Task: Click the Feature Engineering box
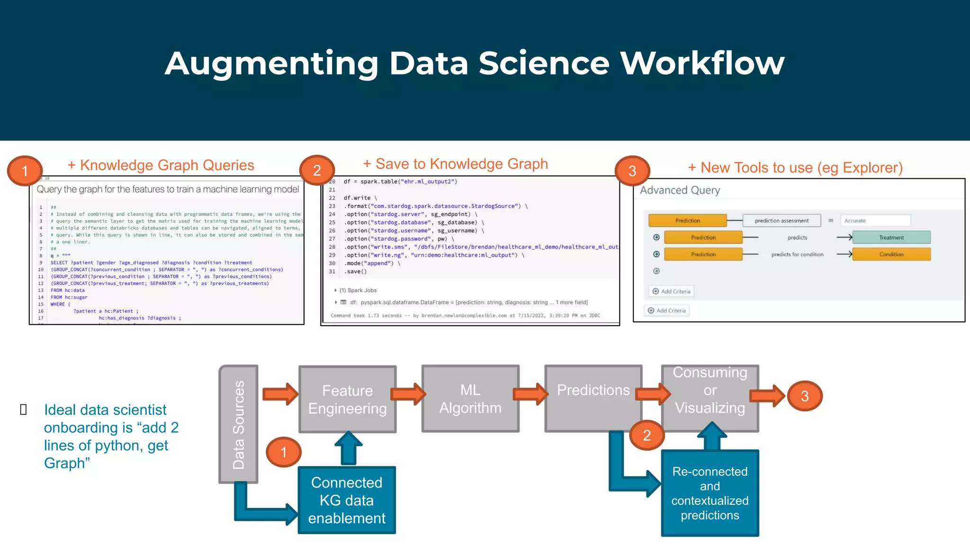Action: pyautogui.click(x=347, y=399)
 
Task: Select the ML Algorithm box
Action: pyautogui.click(x=470, y=399)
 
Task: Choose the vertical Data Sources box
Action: pyautogui.click(x=238, y=424)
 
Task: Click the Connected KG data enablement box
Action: pyautogui.click(x=347, y=500)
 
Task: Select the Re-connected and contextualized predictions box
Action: pyautogui.click(x=710, y=493)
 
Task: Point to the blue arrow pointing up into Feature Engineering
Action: pyautogui.click(x=349, y=448)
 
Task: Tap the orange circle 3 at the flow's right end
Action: pyautogui.click(x=804, y=396)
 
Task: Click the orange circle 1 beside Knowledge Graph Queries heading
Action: pyautogui.click(x=25, y=171)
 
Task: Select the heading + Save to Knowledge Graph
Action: pyautogui.click(x=455, y=164)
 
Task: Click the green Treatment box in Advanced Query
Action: pyautogui.click(x=891, y=237)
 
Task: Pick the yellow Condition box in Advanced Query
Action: pyautogui.click(x=891, y=255)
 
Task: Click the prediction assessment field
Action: pyautogui.click(x=781, y=221)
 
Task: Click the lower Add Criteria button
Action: pyautogui.click(x=666, y=310)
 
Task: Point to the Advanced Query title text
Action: pyautogui.click(x=680, y=190)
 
